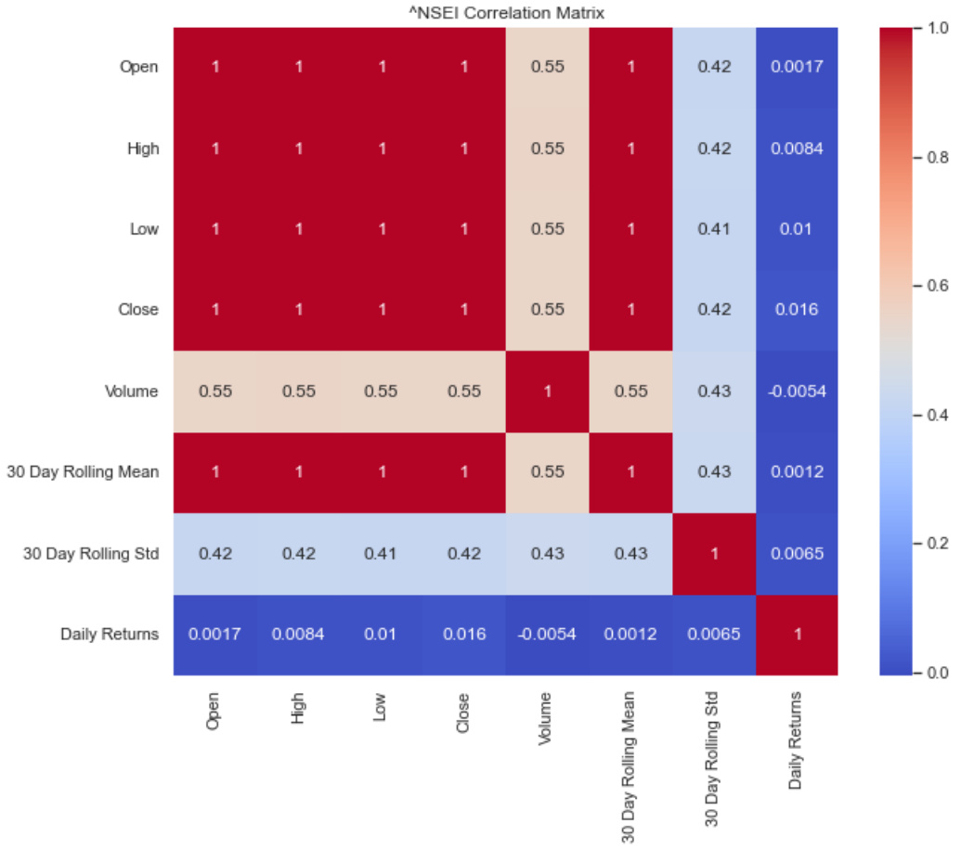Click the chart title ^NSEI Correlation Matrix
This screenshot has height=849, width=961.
505,13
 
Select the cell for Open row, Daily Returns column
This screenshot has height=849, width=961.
796,68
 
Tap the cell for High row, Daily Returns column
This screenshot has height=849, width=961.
796,148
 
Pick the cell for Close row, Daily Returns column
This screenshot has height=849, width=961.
796,310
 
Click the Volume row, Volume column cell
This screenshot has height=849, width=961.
547,392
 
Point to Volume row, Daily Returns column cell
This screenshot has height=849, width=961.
796,392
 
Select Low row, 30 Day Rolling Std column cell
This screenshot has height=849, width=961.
713,229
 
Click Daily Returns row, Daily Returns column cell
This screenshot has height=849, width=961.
796,635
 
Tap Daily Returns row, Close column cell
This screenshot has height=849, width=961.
463,635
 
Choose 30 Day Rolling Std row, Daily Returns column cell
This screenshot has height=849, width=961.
796,553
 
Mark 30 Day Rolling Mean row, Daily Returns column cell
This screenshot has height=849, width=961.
796,472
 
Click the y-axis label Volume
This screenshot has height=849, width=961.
131,392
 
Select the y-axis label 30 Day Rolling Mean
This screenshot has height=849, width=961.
83,472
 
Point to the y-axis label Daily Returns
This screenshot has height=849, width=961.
110,635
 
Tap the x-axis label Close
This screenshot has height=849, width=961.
463,712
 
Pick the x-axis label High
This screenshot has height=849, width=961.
297,710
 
